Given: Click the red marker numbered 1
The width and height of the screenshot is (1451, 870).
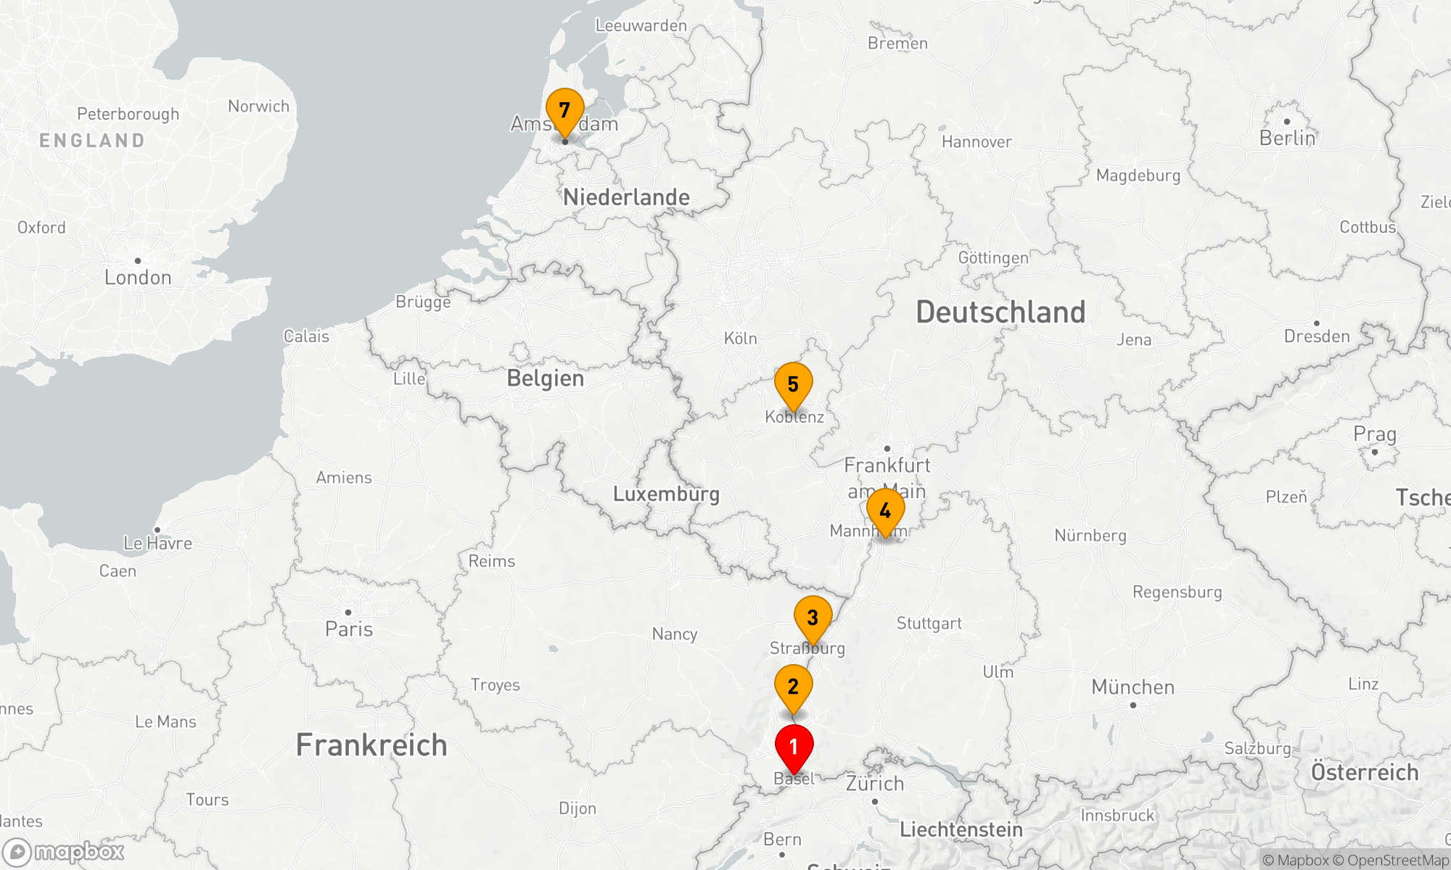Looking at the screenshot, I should (x=794, y=747).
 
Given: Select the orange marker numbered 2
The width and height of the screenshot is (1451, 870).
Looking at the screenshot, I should (x=793, y=687).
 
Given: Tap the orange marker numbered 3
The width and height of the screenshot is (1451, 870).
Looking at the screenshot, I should (x=813, y=618).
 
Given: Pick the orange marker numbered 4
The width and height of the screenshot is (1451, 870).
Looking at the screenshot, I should (x=885, y=511).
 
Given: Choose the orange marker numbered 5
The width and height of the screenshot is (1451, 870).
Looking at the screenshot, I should (x=793, y=384).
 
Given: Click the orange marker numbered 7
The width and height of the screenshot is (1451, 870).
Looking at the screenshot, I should (x=564, y=110).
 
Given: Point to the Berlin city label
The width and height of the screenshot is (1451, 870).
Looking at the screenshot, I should (x=1287, y=138).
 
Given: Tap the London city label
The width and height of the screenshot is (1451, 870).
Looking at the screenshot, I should (x=138, y=278).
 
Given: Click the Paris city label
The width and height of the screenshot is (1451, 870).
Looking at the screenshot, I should (x=349, y=629).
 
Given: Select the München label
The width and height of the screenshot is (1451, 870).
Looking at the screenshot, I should (x=1133, y=687).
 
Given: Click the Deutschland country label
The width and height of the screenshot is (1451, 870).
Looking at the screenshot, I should (x=1000, y=312).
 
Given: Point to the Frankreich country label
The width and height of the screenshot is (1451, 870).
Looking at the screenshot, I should (x=371, y=745).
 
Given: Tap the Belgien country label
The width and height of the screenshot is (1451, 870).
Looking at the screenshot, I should (x=546, y=378).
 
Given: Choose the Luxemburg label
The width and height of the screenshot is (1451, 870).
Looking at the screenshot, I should (x=666, y=494).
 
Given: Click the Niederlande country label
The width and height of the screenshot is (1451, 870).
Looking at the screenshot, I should (x=626, y=197).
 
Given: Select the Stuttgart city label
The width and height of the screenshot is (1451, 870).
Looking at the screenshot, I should (x=929, y=623).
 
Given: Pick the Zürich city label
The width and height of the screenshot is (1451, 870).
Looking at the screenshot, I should (x=875, y=784).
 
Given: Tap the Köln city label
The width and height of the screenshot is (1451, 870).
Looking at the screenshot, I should (x=741, y=339).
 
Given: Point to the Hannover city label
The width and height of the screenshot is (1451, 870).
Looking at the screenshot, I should (x=977, y=142).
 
